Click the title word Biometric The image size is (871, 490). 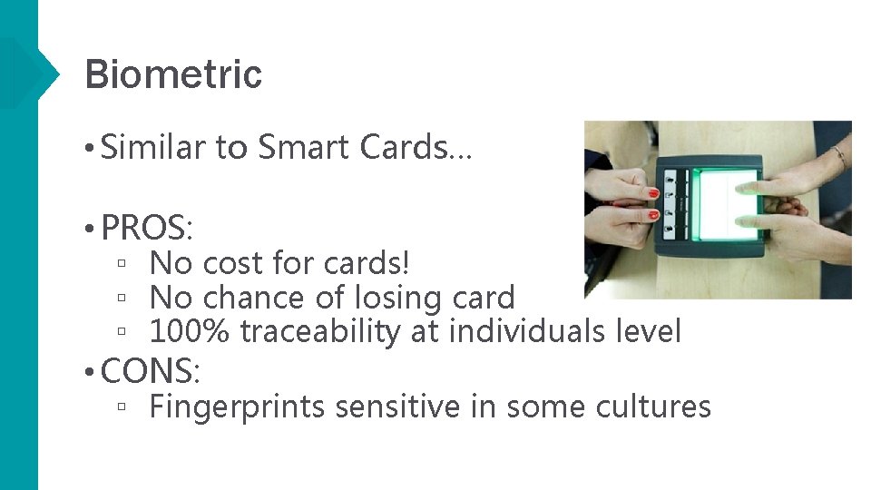(172, 74)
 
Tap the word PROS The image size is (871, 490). (149, 227)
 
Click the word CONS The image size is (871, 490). (150, 370)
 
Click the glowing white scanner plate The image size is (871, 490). (725, 204)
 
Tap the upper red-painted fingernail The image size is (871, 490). (652, 193)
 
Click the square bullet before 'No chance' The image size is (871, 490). (121, 298)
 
